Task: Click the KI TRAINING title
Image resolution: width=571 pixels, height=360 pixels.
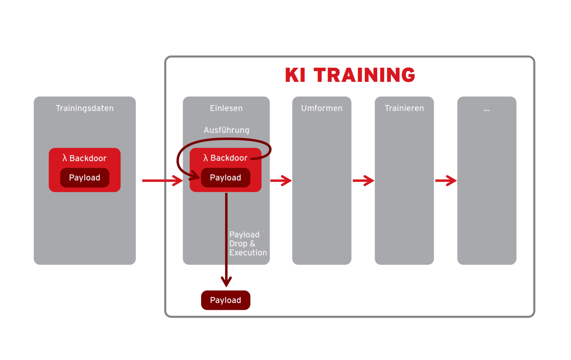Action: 350,75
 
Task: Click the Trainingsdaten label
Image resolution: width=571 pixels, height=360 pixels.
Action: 85,108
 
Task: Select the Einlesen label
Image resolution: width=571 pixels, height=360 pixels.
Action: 226,108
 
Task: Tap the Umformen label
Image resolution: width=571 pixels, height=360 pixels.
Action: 322,108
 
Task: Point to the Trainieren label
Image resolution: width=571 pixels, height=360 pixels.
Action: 404,108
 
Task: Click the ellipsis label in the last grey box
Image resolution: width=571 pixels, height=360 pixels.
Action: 487,109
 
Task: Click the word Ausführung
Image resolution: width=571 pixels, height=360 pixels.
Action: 226,130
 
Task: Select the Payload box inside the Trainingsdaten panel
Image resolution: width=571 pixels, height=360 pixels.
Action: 84,178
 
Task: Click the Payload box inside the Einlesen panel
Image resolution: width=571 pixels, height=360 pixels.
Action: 225,178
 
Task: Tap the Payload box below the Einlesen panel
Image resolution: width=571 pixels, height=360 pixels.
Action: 225,300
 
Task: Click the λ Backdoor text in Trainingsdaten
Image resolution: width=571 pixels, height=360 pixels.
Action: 84,158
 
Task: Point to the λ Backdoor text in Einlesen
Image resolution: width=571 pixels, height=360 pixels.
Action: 225,158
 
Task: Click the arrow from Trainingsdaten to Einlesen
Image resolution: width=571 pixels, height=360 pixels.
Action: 162,181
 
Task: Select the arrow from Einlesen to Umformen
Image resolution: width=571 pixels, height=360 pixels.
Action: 281,181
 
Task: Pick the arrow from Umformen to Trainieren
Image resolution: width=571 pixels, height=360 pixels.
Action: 363,181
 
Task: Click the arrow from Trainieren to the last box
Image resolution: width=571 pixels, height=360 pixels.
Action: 446,181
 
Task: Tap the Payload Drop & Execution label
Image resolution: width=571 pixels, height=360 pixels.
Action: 248,243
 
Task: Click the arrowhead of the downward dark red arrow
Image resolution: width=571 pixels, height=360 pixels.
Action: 226,282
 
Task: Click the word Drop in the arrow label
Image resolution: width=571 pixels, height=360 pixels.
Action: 238,243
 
